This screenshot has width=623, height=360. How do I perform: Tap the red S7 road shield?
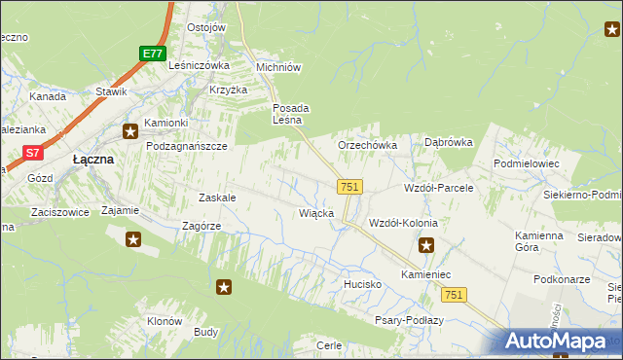(x=33, y=152)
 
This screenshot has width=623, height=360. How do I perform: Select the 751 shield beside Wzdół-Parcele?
(x=350, y=186)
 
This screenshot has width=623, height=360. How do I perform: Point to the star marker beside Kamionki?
(x=129, y=129)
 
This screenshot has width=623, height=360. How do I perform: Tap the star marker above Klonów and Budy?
(x=224, y=286)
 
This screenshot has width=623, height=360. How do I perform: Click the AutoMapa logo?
(x=560, y=342)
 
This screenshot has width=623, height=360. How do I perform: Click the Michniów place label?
(x=277, y=67)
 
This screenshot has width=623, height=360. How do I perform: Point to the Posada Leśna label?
(x=290, y=114)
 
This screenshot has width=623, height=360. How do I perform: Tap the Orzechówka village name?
(x=367, y=145)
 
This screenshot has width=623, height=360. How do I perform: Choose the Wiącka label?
(x=317, y=213)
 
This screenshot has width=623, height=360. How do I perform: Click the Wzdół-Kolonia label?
(x=403, y=223)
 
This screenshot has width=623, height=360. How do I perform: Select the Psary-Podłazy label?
(x=409, y=320)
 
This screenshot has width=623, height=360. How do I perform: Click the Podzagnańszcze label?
(x=186, y=145)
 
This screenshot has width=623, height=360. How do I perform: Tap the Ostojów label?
(x=206, y=27)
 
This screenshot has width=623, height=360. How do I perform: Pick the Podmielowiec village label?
(x=526, y=164)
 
